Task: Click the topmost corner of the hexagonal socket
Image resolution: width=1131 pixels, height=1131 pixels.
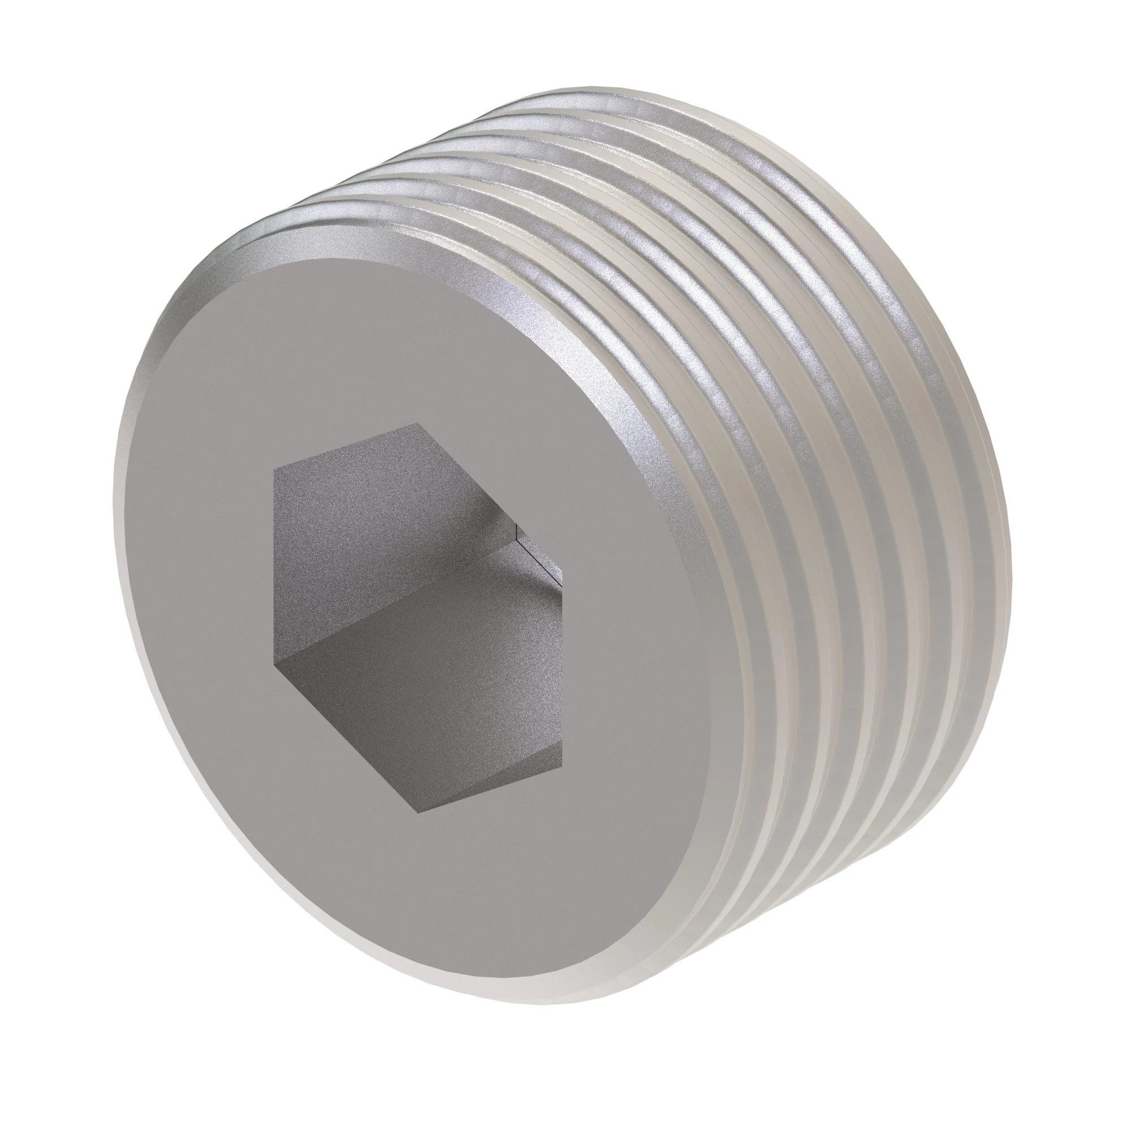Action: [417, 422]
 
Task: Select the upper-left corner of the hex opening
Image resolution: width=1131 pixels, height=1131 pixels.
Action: [274, 469]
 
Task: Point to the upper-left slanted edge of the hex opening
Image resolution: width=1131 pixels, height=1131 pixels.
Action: [346, 446]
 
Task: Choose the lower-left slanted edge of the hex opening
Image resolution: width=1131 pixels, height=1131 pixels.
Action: [346, 736]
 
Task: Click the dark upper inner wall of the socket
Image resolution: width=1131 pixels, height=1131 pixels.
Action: [375, 527]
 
